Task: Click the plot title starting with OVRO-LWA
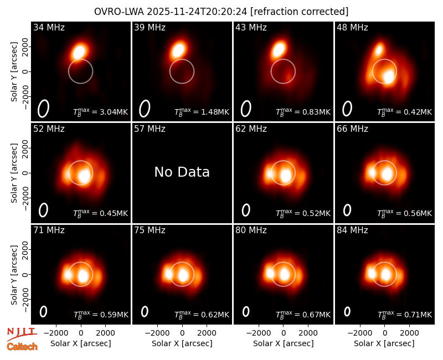[x=221, y=12]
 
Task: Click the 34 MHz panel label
[x=49, y=27]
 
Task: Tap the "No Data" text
[x=182, y=172]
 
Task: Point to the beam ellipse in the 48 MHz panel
[x=347, y=109]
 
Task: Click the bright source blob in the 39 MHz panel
[x=178, y=50]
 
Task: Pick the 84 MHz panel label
[x=352, y=230]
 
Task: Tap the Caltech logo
[x=22, y=347]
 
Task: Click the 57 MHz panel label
[x=150, y=129]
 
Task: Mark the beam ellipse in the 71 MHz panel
[x=43, y=312]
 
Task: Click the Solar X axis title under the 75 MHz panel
[x=182, y=343]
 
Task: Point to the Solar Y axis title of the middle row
[x=14, y=173]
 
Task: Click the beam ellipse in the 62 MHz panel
[x=246, y=210]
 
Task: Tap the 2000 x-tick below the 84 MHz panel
[x=410, y=333]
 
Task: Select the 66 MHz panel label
[x=352, y=129]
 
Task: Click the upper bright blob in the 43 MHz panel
[x=279, y=49]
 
